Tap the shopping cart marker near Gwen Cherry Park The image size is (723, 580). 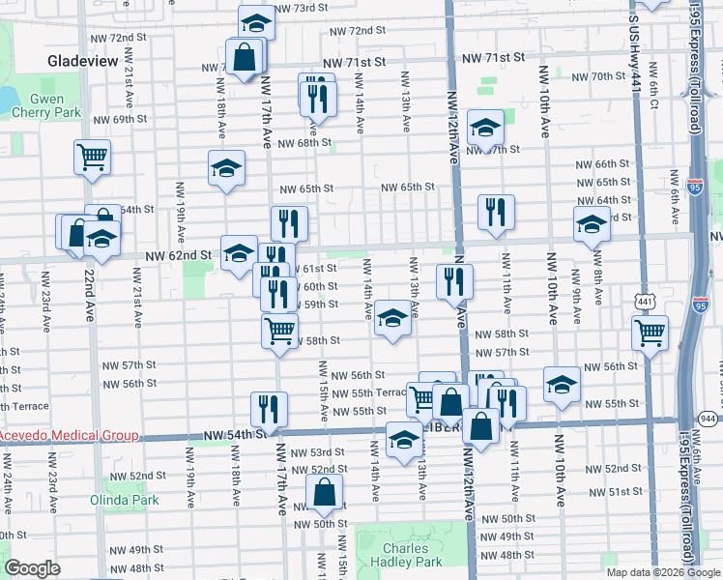92,157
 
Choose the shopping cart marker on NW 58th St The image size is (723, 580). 279,330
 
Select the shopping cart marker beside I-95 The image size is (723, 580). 651,333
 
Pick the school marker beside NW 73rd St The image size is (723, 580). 256,22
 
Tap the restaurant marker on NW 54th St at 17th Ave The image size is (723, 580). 269,409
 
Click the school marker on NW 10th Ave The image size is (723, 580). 561,384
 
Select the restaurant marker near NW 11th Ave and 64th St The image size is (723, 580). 496,212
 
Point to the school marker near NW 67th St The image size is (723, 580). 485,127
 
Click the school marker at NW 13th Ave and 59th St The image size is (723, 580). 391,320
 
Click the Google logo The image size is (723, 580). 32,568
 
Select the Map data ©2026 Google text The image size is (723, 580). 664,572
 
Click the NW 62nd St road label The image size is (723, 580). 179,255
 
